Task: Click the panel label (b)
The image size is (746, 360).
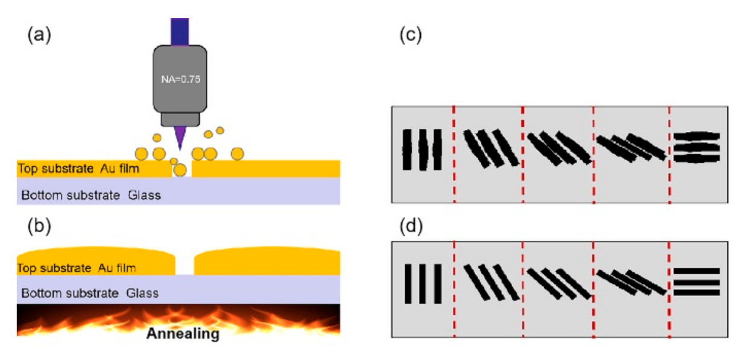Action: (39, 227)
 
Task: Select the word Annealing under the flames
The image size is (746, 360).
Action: (183, 333)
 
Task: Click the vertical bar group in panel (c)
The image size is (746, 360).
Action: (422, 149)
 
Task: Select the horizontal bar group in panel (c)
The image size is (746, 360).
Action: (696, 147)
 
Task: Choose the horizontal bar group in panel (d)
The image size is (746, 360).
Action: (696, 282)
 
